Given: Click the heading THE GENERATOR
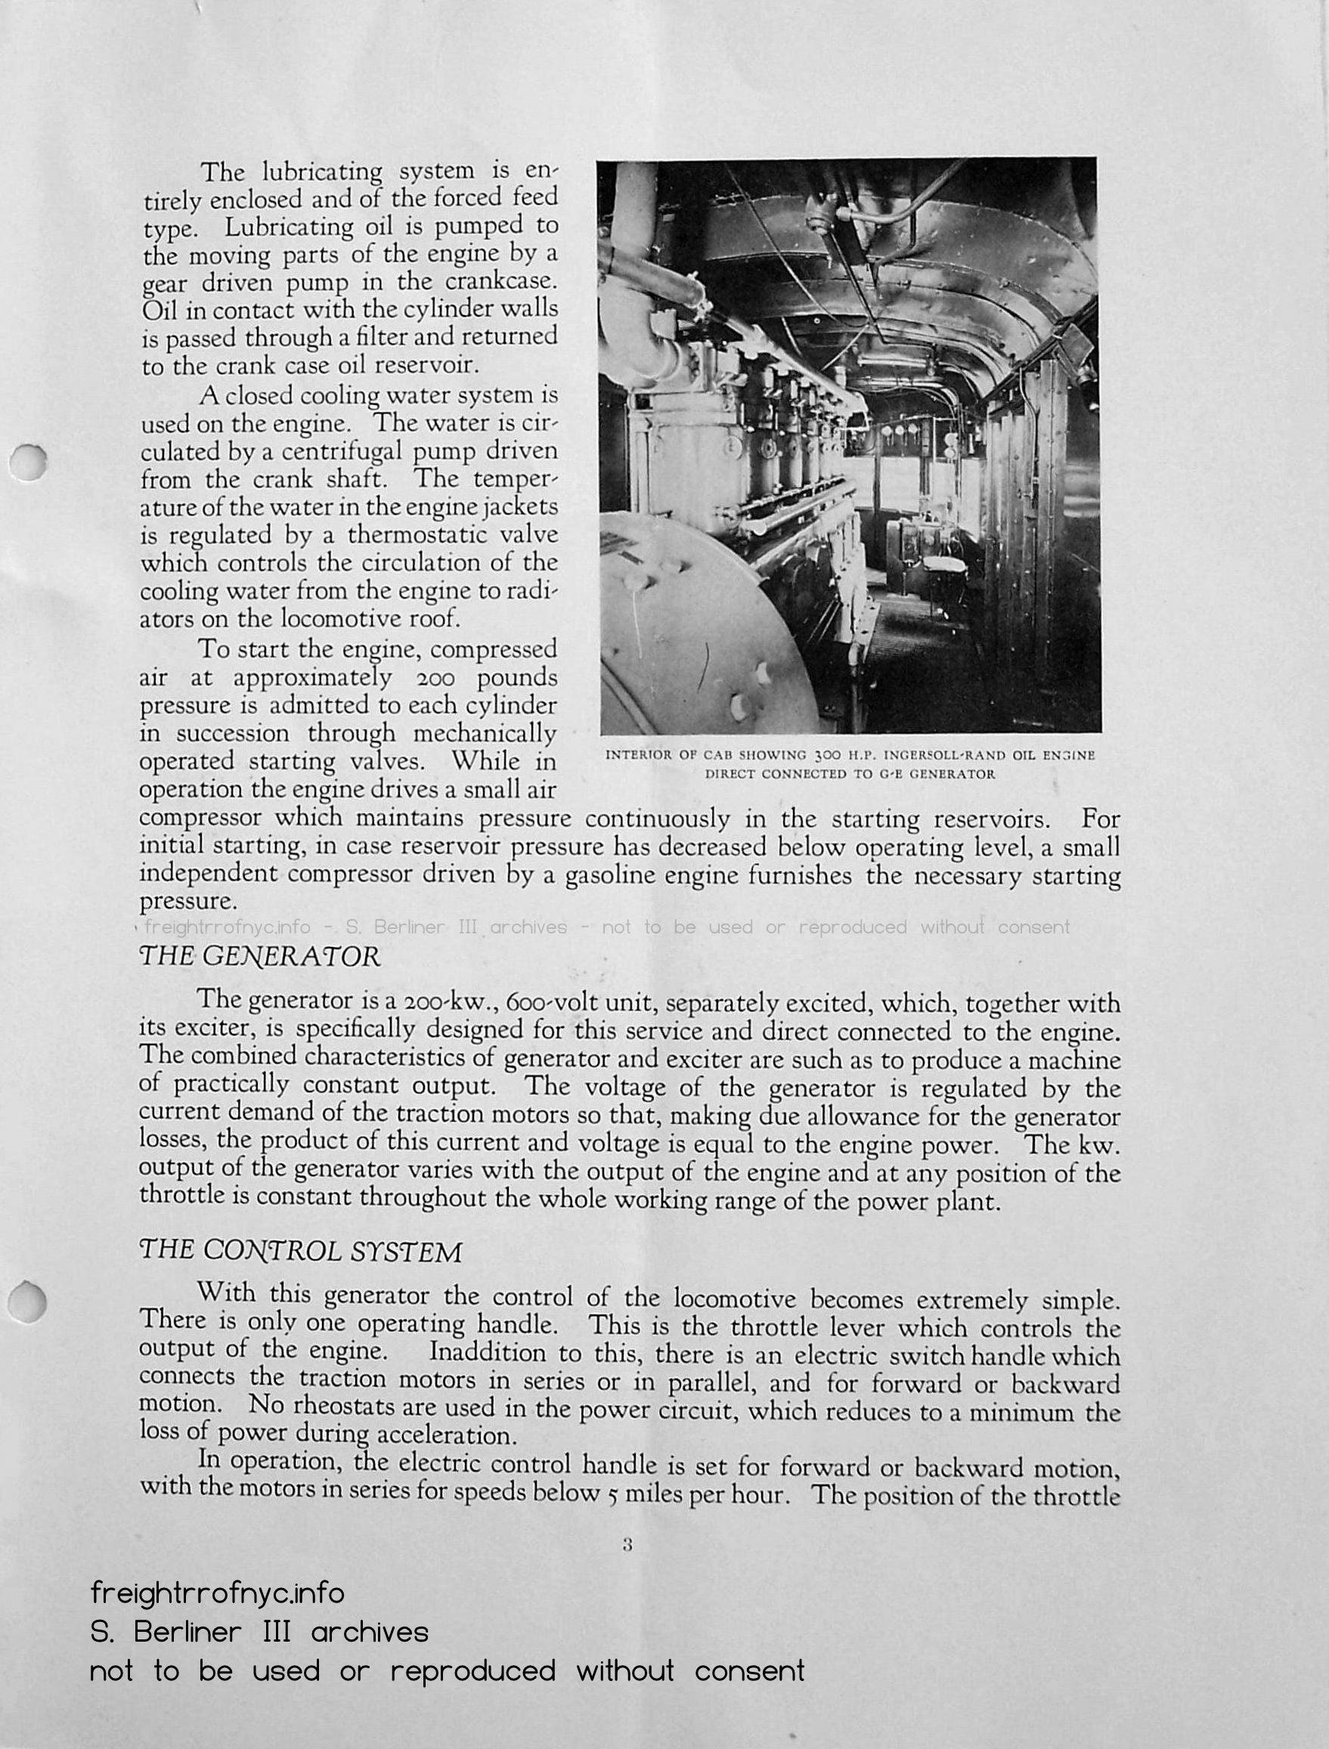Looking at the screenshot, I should (x=259, y=956).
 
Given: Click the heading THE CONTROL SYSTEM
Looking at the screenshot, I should (x=300, y=1251).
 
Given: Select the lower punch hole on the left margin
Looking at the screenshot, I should (x=29, y=1301).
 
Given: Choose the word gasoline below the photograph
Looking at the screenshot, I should (x=609, y=876).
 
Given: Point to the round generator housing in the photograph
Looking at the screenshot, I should (x=696, y=633).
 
